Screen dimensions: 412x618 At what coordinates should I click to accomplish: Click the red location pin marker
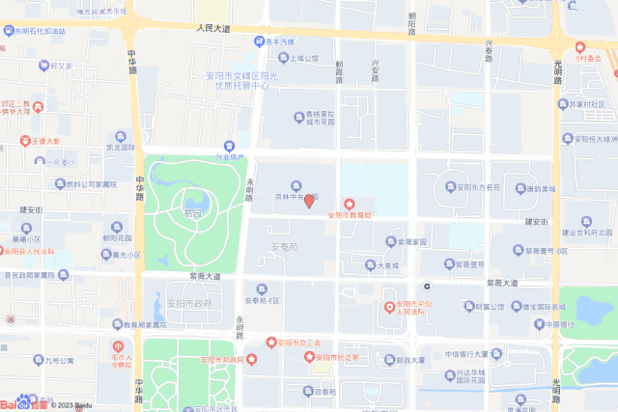click(x=309, y=202)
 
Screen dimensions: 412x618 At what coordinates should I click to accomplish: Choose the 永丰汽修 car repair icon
click(x=260, y=41)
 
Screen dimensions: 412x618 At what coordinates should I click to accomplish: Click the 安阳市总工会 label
click(x=299, y=342)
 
